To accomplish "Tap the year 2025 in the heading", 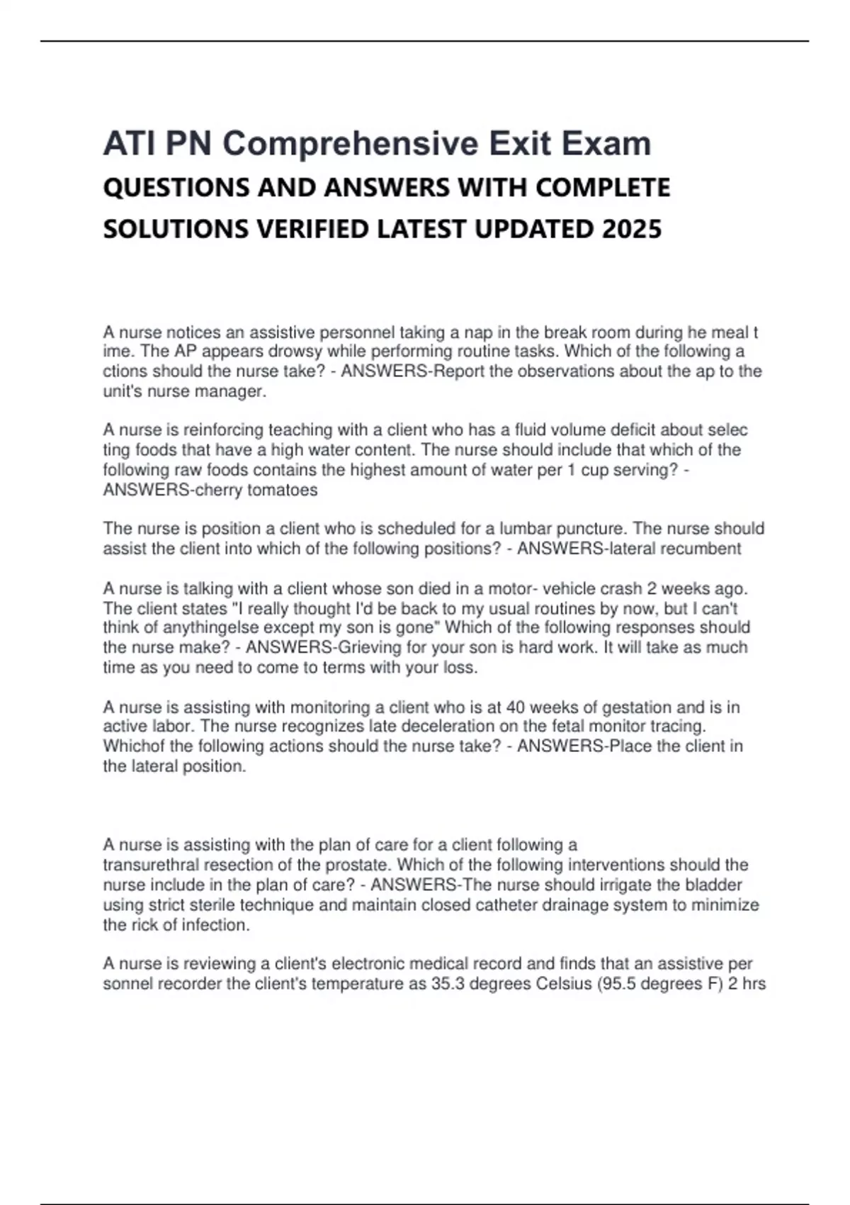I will tap(632, 229).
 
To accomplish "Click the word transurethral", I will tap(151, 865).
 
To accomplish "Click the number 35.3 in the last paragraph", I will tap(448, 984).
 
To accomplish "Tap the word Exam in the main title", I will tap(606, 144).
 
